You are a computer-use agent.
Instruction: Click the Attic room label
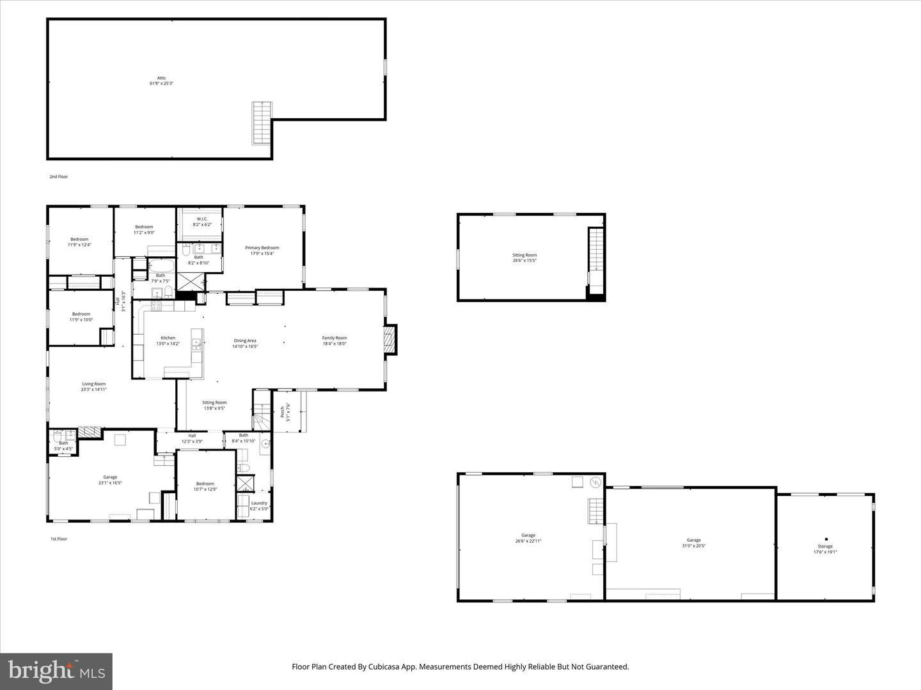(x=161, y=80)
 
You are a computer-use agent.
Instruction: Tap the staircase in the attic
(x=262, y=123)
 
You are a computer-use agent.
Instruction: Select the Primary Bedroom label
(x=262, y=250)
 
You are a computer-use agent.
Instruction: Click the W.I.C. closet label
(x=202, y=222)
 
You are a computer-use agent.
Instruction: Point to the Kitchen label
(x=168, y=341)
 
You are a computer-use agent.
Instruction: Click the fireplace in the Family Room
(x=390, y=339)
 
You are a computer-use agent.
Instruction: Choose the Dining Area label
(x=245, y=343)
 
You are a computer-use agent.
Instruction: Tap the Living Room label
(x=93, y=387)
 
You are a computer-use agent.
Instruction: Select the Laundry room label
(x=259, y=505)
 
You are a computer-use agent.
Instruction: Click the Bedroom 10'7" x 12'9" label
(x=205, y=486)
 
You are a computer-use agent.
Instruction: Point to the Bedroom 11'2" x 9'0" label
(x=144, y=229)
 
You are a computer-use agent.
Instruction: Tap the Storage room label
(x=825, y=549)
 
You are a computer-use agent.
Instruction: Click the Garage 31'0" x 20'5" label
(x=693, y=543)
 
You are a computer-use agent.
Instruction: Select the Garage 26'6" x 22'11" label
(x=528, y=538)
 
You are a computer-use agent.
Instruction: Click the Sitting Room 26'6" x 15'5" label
(x=524, y=257)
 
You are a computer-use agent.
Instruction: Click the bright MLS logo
(x=56, y=671)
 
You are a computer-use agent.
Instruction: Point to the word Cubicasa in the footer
(x=384, y=666)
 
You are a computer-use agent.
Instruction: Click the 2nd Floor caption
(x=59, y=176)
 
